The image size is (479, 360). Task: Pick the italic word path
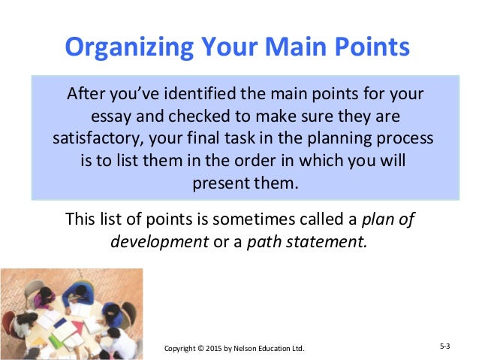(264, 242)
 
